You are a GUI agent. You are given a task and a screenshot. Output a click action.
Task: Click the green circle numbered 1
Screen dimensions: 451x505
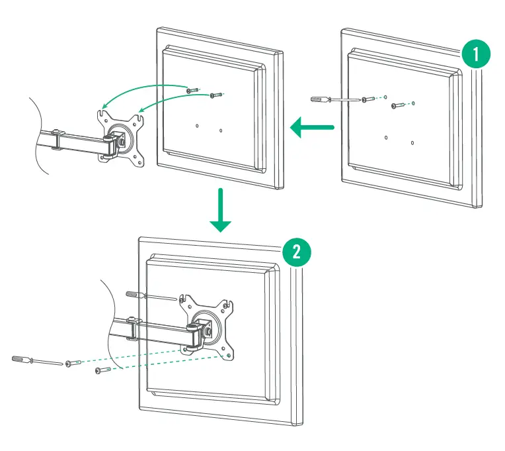click(x=477, y=53)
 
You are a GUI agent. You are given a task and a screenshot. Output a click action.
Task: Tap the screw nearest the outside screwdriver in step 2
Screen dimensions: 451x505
click(x=73, y=364)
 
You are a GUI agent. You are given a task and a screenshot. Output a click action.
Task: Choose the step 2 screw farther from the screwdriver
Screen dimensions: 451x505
click(x=102, y=370)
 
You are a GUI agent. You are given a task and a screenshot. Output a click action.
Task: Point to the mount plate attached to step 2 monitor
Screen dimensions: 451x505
click(x=208, y=325)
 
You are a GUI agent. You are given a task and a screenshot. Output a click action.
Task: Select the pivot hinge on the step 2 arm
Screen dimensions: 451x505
click(x=194, y=337)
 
